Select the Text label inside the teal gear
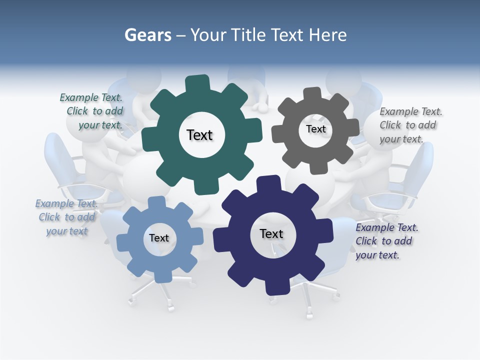click(x=199, y=135)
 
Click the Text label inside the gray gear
click(x=315, y=129)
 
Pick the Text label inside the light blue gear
click(x=159, y=238)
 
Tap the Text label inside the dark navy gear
click(x=271, y=233)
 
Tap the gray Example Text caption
click(x=410, y=125)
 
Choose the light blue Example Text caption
click(x=66, y=217)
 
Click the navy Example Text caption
click(x=386, y=241)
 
